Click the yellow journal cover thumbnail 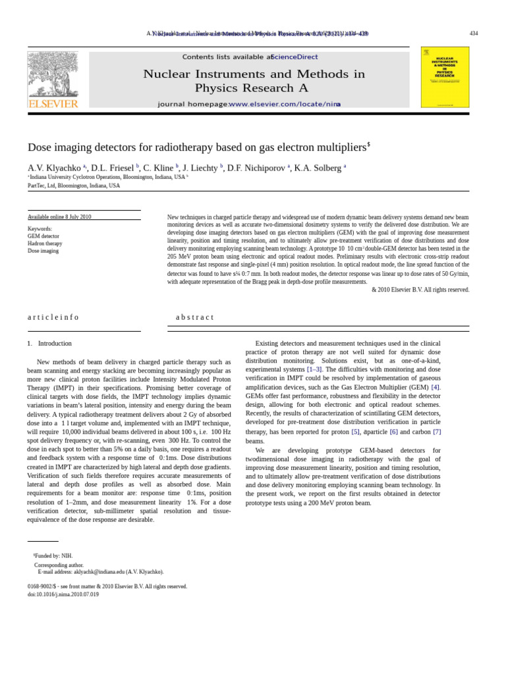445,76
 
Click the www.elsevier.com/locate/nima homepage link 285,104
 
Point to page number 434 474,33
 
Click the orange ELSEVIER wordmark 53,103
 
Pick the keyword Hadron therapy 45,244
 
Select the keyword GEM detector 43,236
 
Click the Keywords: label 40,229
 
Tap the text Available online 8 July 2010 59,217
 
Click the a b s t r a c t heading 194,317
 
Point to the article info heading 53,317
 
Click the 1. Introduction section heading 49,344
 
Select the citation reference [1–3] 314,370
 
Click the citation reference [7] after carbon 437,432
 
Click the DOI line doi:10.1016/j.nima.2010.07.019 63,594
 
